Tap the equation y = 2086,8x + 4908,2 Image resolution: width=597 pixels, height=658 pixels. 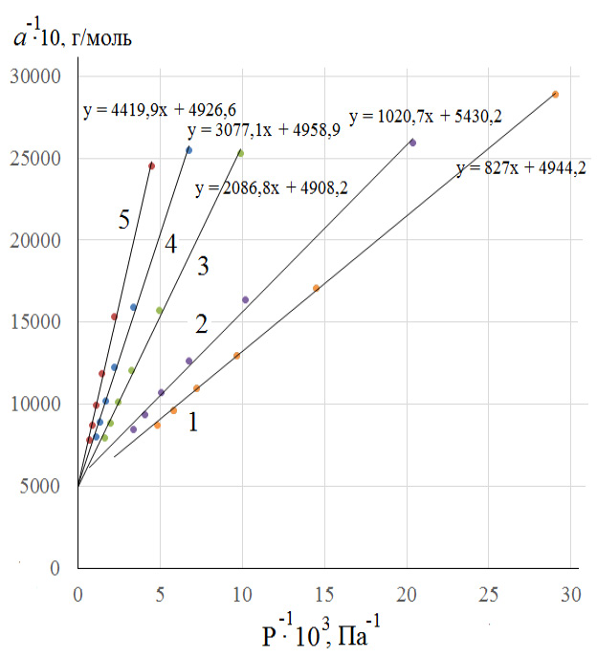click(270, 188)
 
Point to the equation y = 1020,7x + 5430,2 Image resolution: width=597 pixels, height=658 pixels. click(426, 117)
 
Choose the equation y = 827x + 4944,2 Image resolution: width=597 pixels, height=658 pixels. click(521, 169)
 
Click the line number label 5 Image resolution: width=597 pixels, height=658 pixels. click(124, 221)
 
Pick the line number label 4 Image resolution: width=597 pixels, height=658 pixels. click(169, 245)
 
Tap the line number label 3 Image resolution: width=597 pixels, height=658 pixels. click(202, 266)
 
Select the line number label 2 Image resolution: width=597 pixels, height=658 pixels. click(201, 323)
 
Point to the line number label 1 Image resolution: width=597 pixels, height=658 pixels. click(193, 421)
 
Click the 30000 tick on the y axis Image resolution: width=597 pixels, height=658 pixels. click(40, 77)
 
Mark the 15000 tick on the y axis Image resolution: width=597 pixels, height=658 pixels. click(40, 322)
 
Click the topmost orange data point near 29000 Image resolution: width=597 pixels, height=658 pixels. click(555, 94)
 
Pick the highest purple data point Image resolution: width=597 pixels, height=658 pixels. click(412, 143)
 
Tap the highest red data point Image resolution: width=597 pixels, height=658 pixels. click(151, 165)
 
